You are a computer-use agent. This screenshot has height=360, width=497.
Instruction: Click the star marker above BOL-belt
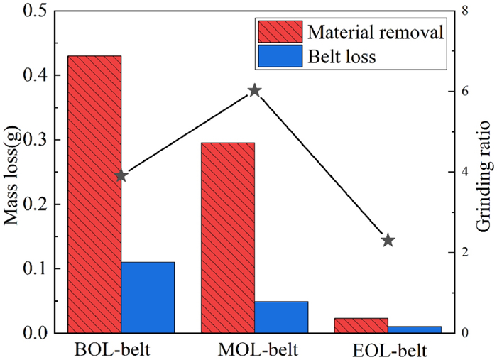[x=121, y=175]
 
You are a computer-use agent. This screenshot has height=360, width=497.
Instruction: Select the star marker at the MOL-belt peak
[x=255, y=90]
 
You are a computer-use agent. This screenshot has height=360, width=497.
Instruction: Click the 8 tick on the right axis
[x=466, y=11]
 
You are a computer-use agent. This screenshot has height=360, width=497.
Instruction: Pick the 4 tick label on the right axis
[x=466, y=172]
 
